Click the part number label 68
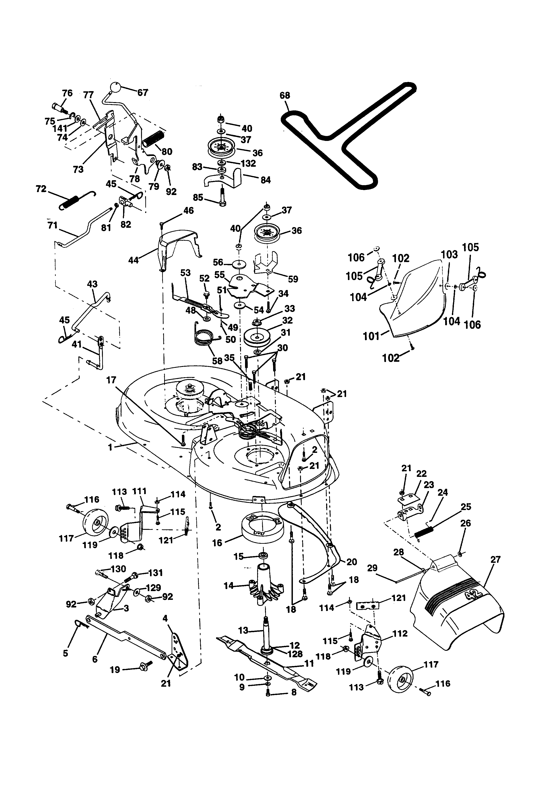(x=285, y=95)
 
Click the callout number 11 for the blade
(x=309, y=664)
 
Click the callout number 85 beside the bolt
(x=198, y=198)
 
